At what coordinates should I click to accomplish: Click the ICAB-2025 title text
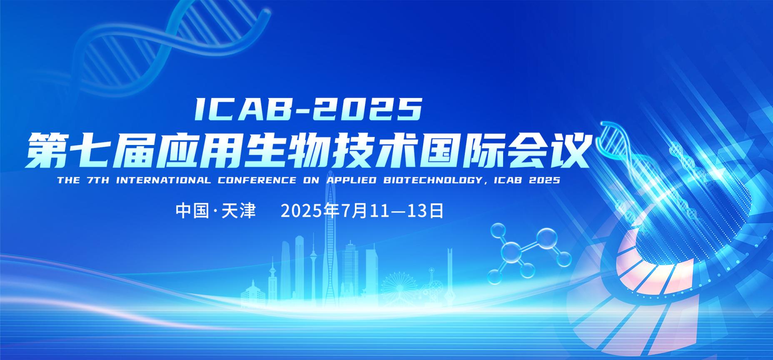click(x=308, y=109)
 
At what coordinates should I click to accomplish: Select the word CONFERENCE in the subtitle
click(x=255, y=180)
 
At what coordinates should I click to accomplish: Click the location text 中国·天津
click(x=215, y=211)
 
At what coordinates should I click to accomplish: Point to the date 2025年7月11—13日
click(x=362, y=211)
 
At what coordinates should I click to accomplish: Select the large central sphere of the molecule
click(x=511, y=253)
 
